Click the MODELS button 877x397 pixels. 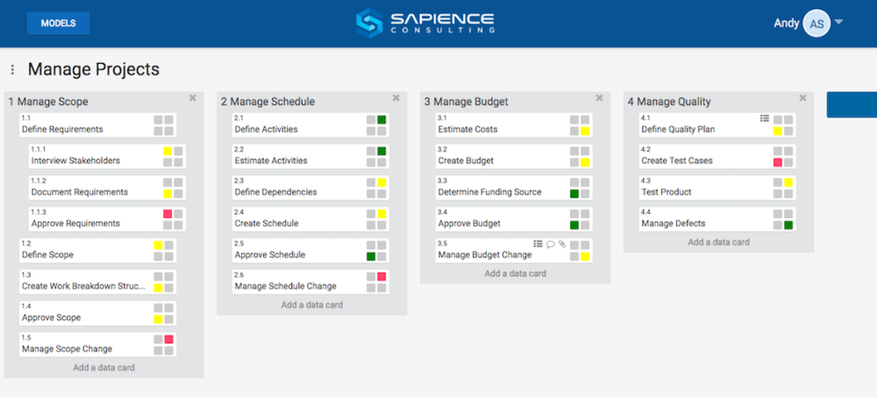58,23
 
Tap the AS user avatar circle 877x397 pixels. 816,24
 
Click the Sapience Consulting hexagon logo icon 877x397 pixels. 369,23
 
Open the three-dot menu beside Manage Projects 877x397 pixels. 12,69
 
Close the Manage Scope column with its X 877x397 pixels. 193,98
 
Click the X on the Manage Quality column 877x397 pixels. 802,98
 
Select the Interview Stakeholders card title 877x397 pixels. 75,160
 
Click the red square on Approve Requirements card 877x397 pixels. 168,214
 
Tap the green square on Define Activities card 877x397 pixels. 381,119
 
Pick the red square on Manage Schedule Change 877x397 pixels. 381,277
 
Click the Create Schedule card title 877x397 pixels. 267,223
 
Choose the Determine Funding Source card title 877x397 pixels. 489,192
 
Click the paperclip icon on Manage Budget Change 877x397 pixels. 562,245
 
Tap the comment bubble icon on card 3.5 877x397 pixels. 551,245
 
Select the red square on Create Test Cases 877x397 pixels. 778,162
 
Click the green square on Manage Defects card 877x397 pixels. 788,225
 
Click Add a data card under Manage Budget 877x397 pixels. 515,273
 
